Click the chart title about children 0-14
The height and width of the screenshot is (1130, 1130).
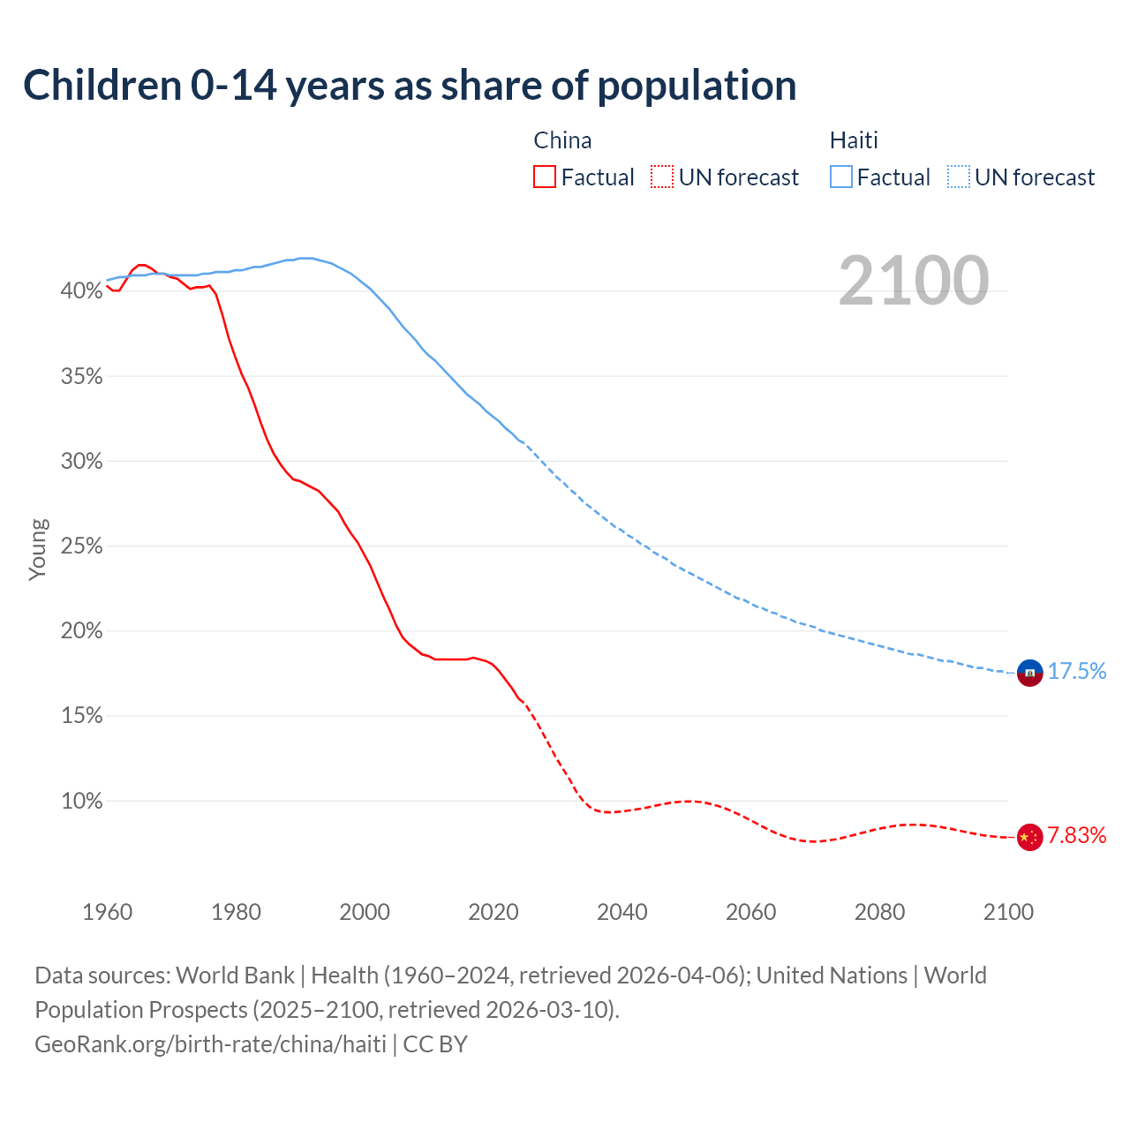[x=410, y=86]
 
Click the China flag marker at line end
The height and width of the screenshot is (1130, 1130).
[x=1029, y=837]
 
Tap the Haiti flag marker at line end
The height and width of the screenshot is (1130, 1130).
[x=1029, y=673]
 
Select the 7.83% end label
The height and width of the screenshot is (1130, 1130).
[x=1076, y=836]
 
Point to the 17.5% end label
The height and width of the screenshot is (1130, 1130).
[x=1076, y=672]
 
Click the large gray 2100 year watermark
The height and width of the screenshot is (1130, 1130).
[x=913, y=281]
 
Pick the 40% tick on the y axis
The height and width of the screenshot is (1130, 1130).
[x=81, y=290]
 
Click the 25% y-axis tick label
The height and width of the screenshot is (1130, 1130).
[x=81, y=546]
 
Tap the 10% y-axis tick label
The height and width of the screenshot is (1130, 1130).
[x=81, y=802]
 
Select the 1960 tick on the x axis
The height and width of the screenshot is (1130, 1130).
[x=107, y=912]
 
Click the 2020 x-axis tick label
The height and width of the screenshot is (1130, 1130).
[x=493, y=912]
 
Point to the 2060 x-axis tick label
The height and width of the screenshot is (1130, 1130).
[x=750, y=912]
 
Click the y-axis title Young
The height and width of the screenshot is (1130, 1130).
[x=38, y=549]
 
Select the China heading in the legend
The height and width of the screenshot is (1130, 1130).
[x=562, y=140]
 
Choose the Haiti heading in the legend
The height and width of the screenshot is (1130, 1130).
[x=854, y=140]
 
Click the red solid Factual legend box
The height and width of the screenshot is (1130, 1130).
[x=545, y=177]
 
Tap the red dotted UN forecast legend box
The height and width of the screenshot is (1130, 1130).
[x=662, y=177]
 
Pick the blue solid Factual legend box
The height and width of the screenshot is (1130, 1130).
[x=841, y=177]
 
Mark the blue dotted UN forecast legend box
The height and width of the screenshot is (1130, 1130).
[x=959, y=177]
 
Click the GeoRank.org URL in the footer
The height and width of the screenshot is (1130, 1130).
[x=210, y=1044]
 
